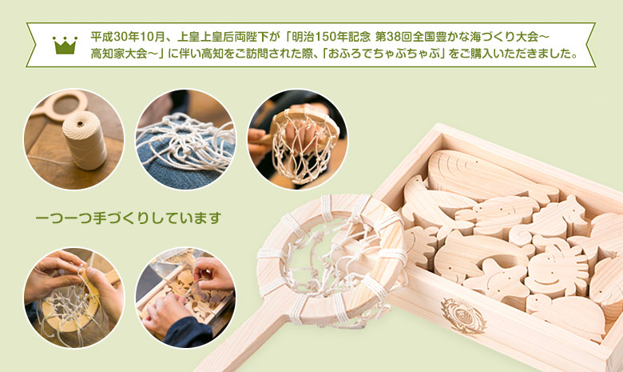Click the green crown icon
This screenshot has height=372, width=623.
(x=65, y=45)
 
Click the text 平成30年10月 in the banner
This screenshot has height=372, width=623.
(x=128, y=37)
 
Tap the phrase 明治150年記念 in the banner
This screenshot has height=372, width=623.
(x=331, y=37)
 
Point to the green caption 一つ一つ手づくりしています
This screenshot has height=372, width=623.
(x=128, y=218)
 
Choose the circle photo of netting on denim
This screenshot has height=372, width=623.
(x=185, y=139)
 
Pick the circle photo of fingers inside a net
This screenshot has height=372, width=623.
(x=298, y=139)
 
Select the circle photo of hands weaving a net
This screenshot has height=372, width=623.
(x=74, y=298)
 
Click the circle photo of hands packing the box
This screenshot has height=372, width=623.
(x=185, y=298)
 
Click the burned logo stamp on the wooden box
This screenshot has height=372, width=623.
(x=463, y=316)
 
